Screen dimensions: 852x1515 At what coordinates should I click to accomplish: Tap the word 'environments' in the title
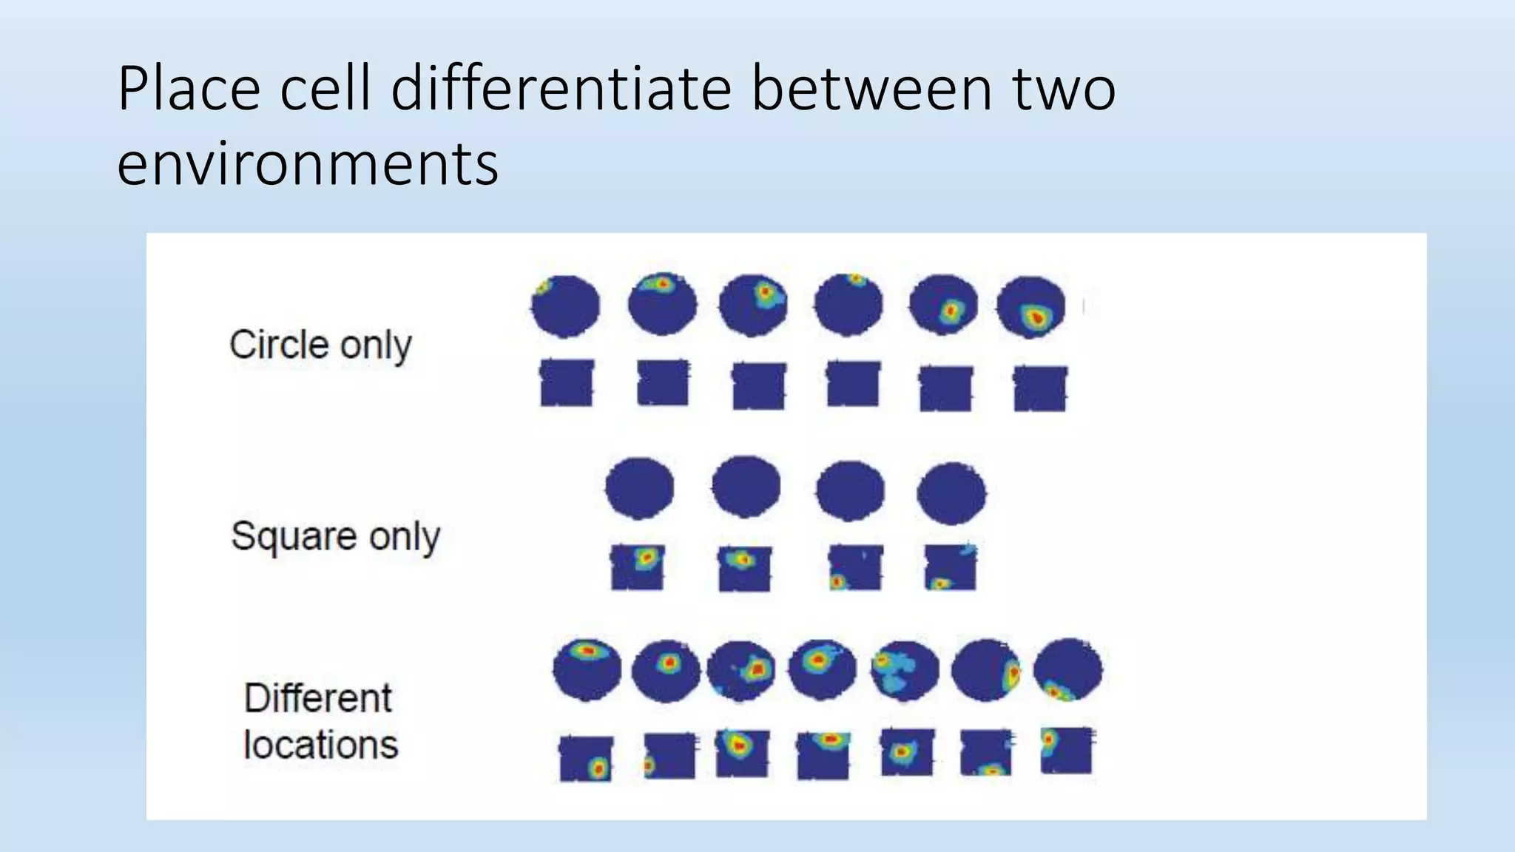coord(308,164)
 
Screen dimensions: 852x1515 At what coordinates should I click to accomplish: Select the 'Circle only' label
coord(320,345)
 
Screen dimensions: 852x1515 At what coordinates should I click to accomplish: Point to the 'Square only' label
coord(335,536)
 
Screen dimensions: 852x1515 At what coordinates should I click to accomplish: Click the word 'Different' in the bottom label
coord(318,698)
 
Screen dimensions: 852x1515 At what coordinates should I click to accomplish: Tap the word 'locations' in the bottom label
coord(321,745)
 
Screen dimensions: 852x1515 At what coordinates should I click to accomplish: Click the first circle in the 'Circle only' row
coord(565,305)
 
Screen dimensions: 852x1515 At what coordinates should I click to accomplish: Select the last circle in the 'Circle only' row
coord(1031,307)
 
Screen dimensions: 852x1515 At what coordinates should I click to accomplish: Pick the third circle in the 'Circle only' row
coord(753,304)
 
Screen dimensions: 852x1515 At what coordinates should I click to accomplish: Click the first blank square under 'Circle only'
coord(567,383)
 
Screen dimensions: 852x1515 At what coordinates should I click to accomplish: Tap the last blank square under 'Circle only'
coord(1040,388)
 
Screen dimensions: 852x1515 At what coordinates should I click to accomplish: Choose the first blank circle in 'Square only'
coord(640,488)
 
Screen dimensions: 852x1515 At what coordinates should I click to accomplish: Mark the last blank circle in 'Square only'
coord(951,493)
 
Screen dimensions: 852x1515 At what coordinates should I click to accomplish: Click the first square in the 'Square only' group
coord(638,567)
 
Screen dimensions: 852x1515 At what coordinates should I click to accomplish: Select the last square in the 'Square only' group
coord(951,567)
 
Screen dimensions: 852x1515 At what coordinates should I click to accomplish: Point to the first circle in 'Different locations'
coord(587,670)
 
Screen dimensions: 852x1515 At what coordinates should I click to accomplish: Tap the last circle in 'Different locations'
coord(1067,671)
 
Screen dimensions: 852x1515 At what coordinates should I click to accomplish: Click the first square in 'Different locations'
coord(586,759)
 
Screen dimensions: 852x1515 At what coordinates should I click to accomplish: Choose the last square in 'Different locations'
coord(1066,750)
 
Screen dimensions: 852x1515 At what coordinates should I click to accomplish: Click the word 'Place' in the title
coord(189,89)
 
